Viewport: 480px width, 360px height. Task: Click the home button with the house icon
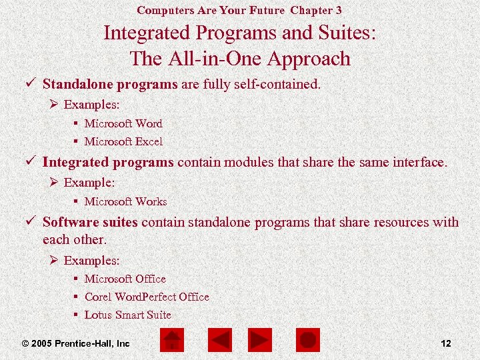coord(172,341)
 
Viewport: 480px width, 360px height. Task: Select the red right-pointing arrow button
coord(259,341)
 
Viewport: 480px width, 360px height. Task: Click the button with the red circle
coord(307,341)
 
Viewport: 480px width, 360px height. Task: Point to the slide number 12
coord(446,343)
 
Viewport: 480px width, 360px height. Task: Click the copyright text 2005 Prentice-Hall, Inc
coord(75,343)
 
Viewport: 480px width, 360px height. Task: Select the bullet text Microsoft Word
coord(123,123)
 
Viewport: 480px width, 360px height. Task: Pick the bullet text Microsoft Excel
coord(123,141)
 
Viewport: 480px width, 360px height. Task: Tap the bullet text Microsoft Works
coord(125,201)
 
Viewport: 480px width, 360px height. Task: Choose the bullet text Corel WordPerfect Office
coord(147,297)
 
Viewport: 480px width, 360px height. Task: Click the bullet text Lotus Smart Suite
coord(127,315)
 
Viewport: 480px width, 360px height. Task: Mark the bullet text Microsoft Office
coord(125,279)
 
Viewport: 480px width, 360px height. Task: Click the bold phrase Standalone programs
coord(110,85)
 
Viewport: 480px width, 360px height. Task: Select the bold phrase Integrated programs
coord(108,162)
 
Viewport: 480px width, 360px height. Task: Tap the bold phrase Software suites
coord(90,222)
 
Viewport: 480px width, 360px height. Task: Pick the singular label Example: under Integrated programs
coord(89,182)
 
